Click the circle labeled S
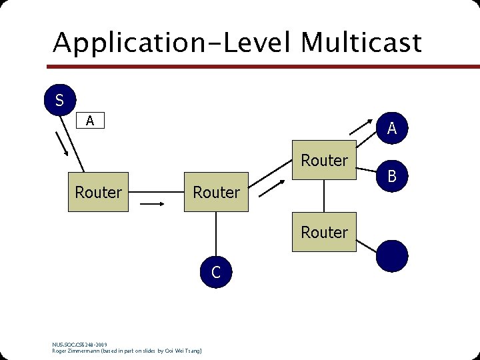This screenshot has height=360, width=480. [x=59, y=100]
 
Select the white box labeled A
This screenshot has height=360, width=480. [x=90, y=121]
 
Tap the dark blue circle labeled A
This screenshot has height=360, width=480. [x=392, y=128]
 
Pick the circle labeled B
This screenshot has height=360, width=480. [x=392, y=176]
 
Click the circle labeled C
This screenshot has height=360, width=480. [x=215, y=271]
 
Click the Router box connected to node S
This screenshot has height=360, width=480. [x=99, y=193]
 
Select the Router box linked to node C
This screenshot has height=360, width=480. [x=216, y=193]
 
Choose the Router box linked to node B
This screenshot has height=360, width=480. [x=325, y=161]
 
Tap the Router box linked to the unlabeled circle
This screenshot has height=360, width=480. [x=325, y=232]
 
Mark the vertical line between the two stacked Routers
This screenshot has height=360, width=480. [x=325, y=197]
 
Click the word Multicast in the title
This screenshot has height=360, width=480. [x=361, y=43]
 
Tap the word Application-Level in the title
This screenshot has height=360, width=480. [x=173, y=43]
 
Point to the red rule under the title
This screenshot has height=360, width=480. [x=267, y=67]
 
